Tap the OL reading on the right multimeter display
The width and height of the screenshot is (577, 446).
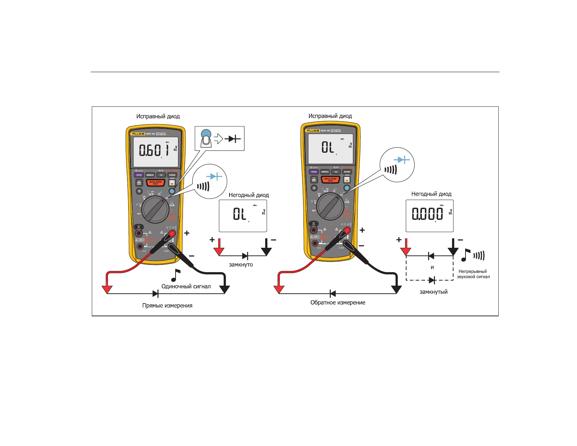[x=327, y=147]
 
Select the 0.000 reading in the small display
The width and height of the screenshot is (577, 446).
[x=427, y=214]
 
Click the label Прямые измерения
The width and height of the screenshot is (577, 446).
[x=167, y=305]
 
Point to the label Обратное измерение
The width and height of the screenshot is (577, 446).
[x=338, y=302]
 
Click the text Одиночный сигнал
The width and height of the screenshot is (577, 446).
[x=186, y=286]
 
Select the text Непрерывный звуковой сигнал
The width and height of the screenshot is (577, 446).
[x=473, y=274]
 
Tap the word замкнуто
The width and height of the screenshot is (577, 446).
[x=241, y=265]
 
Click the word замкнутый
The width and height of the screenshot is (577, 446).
[x=433, y=292]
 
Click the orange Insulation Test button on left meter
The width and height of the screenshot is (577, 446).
[x=156, y=183]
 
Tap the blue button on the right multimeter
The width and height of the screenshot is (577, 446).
[x=347, y=188]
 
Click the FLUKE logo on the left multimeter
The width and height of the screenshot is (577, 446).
[x=138, y=134]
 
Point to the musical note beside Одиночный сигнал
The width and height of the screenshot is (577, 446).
[x=176, y=275]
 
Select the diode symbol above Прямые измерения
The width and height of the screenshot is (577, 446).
[x=156, y=294]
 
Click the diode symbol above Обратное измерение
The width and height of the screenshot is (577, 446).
[x=332, y=294]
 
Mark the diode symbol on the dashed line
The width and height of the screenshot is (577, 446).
[x=432, y=280]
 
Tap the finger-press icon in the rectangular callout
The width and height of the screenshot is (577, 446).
[x=206, y=138]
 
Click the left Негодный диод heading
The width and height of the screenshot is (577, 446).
[x=249, y=195]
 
